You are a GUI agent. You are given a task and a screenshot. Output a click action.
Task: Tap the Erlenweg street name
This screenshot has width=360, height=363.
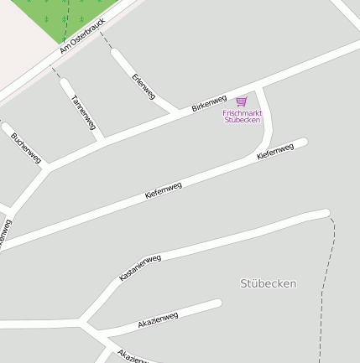[143, 86]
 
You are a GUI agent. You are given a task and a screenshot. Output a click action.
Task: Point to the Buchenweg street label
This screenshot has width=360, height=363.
[26, 147]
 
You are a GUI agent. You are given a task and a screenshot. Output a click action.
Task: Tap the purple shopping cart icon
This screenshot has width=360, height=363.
[242, 101]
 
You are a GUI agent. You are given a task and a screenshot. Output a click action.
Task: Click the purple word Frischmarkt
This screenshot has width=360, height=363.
[243, 112]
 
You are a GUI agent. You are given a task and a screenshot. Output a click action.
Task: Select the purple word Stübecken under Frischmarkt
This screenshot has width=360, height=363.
[243, 120]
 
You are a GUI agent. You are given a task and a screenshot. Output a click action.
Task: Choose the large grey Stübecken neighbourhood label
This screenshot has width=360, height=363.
[268, 283]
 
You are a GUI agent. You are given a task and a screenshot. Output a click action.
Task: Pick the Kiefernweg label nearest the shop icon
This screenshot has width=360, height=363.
[275, 152]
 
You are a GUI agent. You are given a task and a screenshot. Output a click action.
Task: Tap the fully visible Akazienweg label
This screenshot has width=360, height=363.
[158, 319]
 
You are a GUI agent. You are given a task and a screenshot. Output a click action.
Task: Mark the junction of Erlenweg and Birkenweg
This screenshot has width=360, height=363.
[175, 111]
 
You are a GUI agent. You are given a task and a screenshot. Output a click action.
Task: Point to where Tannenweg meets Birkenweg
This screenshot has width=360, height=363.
[101, 138]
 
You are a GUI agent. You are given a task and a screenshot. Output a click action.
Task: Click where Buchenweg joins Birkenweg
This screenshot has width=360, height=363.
[48, 166]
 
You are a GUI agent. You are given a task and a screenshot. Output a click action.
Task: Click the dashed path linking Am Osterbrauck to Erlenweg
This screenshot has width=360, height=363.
[107, 42]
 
